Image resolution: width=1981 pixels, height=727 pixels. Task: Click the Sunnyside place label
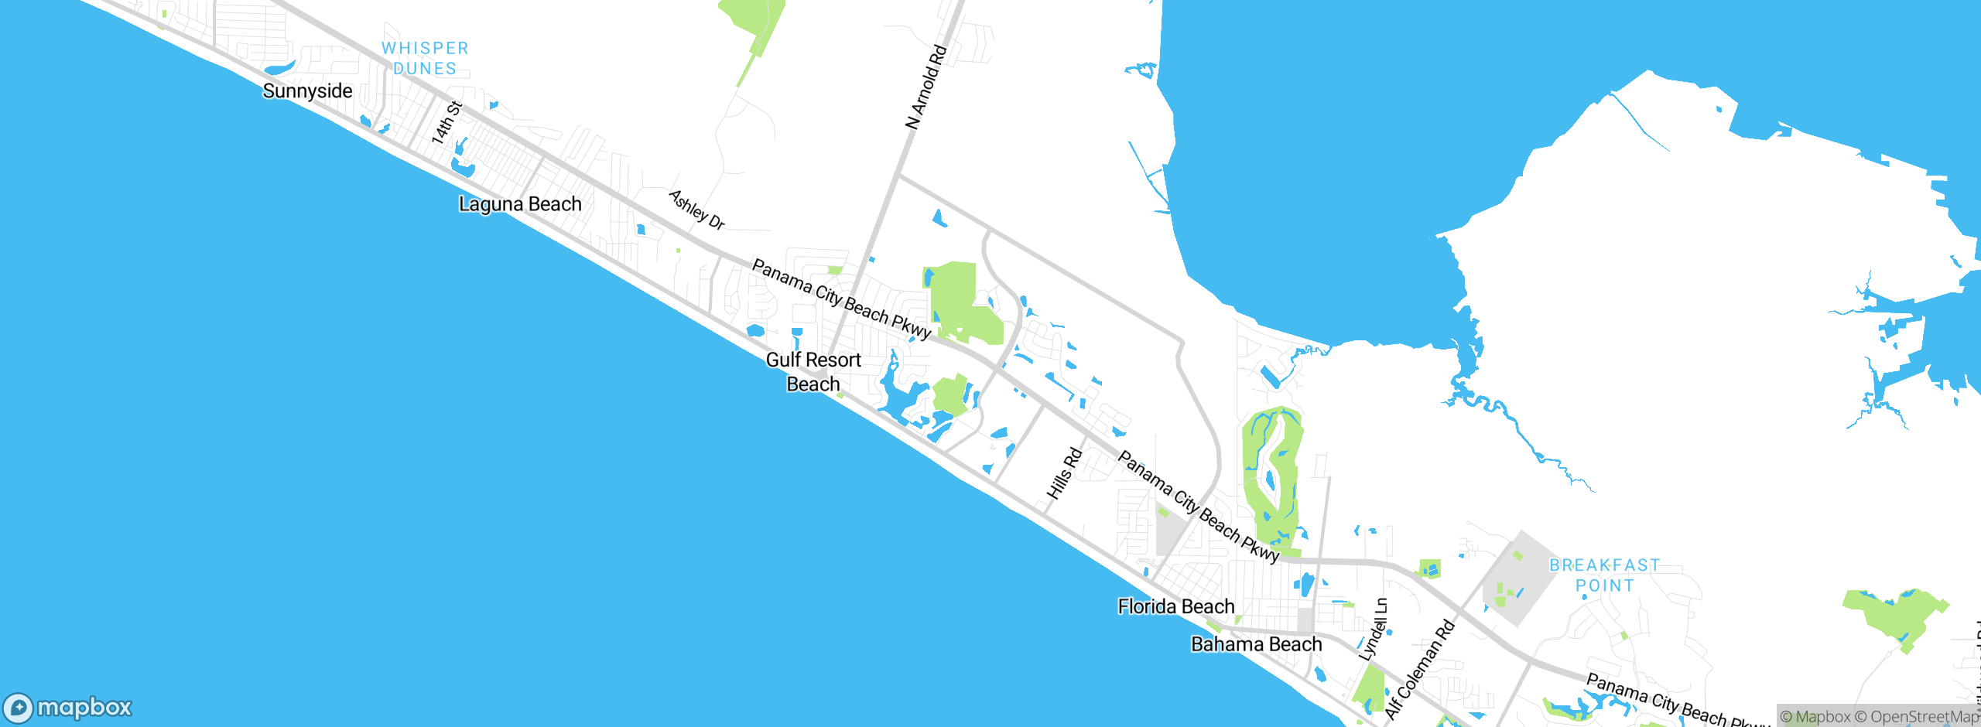(307, 91)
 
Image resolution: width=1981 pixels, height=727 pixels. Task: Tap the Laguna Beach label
(520, 204)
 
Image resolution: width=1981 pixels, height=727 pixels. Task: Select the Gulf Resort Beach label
(813, 372)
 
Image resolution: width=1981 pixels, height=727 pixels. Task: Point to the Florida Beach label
(1175, 606)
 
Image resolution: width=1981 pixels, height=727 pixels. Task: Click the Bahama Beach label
(1256, 644)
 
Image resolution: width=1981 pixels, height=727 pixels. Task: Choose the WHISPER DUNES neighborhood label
(425, 58)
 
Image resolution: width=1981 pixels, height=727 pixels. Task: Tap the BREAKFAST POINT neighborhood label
(1604, 575)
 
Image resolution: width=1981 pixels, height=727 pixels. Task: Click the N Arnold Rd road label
(926, 87)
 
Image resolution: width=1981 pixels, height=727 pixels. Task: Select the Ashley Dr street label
(696, 210)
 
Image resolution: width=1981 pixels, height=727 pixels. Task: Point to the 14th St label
(446, 122)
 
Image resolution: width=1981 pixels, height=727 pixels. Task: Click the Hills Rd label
(1064, 473)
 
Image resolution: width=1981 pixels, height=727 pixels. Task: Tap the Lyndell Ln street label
(1374, 628)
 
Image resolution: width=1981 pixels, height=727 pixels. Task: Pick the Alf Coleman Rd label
(1419, 670)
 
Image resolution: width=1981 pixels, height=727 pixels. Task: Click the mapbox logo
(68, 707)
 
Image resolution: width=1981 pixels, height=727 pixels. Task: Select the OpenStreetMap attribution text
(1923, 717)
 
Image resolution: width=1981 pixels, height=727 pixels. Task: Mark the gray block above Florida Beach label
(1168, 534)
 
